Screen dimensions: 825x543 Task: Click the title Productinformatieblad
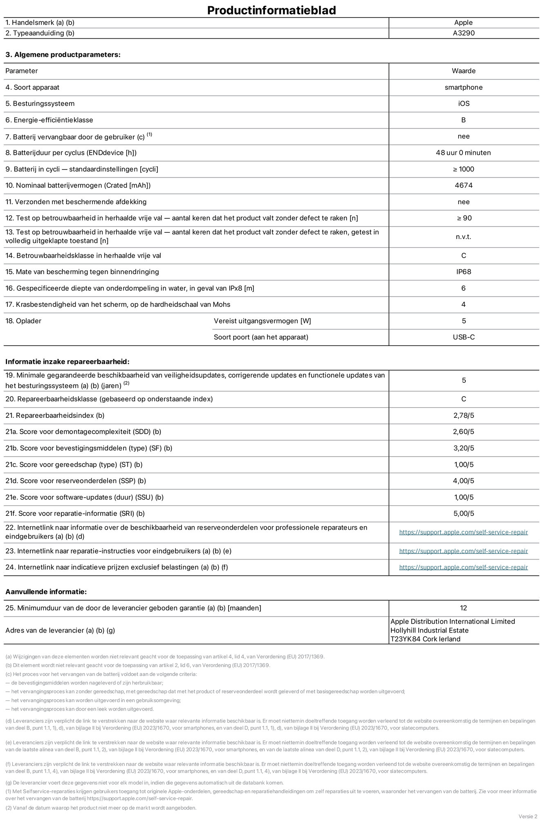coord(271,10)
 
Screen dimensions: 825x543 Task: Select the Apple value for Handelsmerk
coord(463,23)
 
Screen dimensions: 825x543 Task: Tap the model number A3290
coord(463,33)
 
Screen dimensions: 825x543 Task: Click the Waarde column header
coord(463,71)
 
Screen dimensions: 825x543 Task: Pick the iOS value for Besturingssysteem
coord(463,104)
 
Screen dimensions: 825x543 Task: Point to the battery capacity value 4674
coord(463,185)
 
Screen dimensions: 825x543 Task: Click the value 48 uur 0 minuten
coord(463,153)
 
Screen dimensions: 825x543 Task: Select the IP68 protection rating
coord(463,272)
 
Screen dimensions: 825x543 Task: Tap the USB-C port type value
coord(463,337)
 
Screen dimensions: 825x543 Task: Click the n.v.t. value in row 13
coord(463,237)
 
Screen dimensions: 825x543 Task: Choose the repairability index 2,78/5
coord(463,416)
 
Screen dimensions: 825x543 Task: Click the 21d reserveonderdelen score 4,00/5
coord(463,481)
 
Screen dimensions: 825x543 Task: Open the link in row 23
coord(463,551)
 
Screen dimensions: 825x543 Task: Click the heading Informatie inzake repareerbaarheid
coord(67,362)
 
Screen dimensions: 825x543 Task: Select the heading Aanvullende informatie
coord(46,592)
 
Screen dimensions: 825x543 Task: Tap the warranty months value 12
coord(463,608)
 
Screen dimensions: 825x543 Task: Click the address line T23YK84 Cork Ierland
coord(425,639)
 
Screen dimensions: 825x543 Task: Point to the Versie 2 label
coord(527,816)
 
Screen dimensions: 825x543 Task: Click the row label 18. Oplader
coord(23,321)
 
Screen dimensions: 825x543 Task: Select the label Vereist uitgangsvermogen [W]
coord(262,321)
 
